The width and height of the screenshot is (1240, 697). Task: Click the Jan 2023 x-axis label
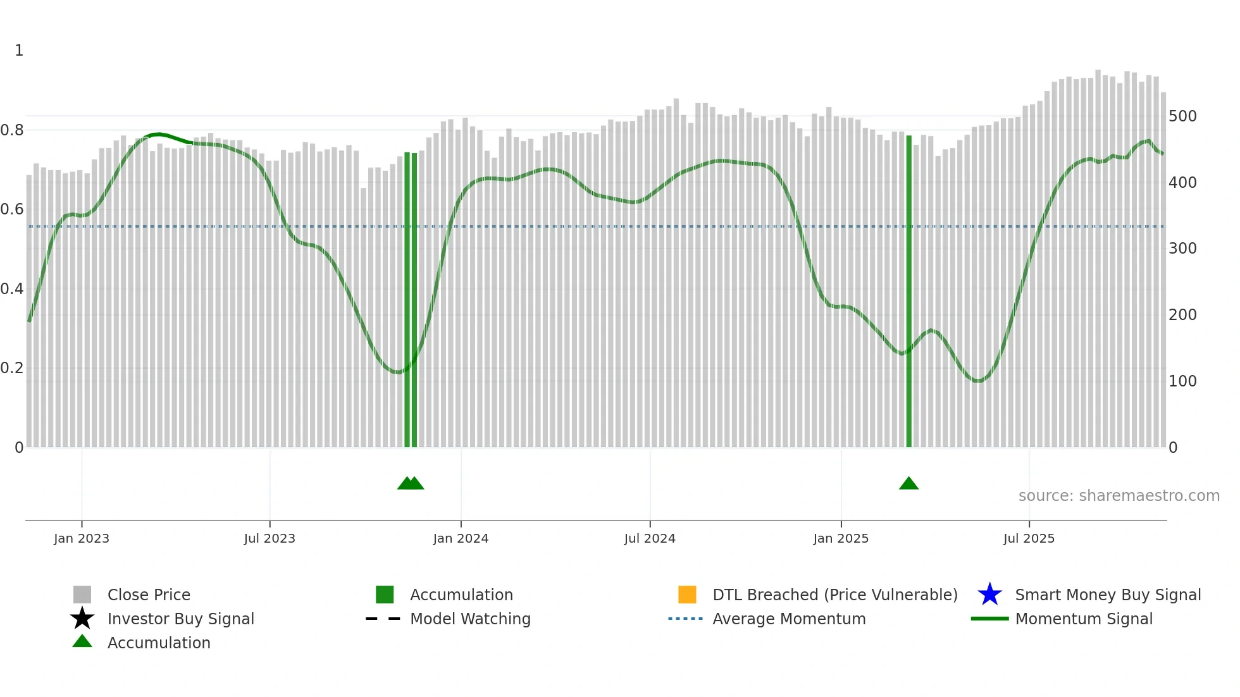click(81, 538)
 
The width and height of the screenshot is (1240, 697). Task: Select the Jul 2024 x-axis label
click(649, 538)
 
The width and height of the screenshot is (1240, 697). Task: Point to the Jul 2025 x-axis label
click(1029, 538)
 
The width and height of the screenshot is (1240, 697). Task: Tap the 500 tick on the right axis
click(1182, 116)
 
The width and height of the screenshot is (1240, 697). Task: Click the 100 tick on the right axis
click(1182, 381)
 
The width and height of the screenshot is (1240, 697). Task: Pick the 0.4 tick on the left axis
click(12, 289)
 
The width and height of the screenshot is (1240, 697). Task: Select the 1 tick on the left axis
click(19, 51)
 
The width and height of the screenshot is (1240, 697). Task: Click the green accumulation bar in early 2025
click(908, 291)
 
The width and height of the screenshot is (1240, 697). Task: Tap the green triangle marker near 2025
click(908, 484)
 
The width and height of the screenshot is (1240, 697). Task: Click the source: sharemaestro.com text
click(1119, 496)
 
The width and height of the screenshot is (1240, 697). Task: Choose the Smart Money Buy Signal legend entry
click(1107, 595)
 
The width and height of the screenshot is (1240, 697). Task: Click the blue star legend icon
click(989, 595)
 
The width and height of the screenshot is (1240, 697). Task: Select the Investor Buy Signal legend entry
click(180, 619)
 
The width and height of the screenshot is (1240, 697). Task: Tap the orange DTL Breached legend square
click(687, 595)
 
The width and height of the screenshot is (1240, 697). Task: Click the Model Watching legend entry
click(469, 619)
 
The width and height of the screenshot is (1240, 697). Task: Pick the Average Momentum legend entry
click(788, 619)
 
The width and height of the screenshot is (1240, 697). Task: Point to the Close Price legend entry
click(149, 595)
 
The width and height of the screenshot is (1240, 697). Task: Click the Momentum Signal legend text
click(1083, 619)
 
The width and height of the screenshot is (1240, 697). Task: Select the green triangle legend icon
click(82, 642)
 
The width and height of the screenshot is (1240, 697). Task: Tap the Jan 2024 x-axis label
click(461, 538)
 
